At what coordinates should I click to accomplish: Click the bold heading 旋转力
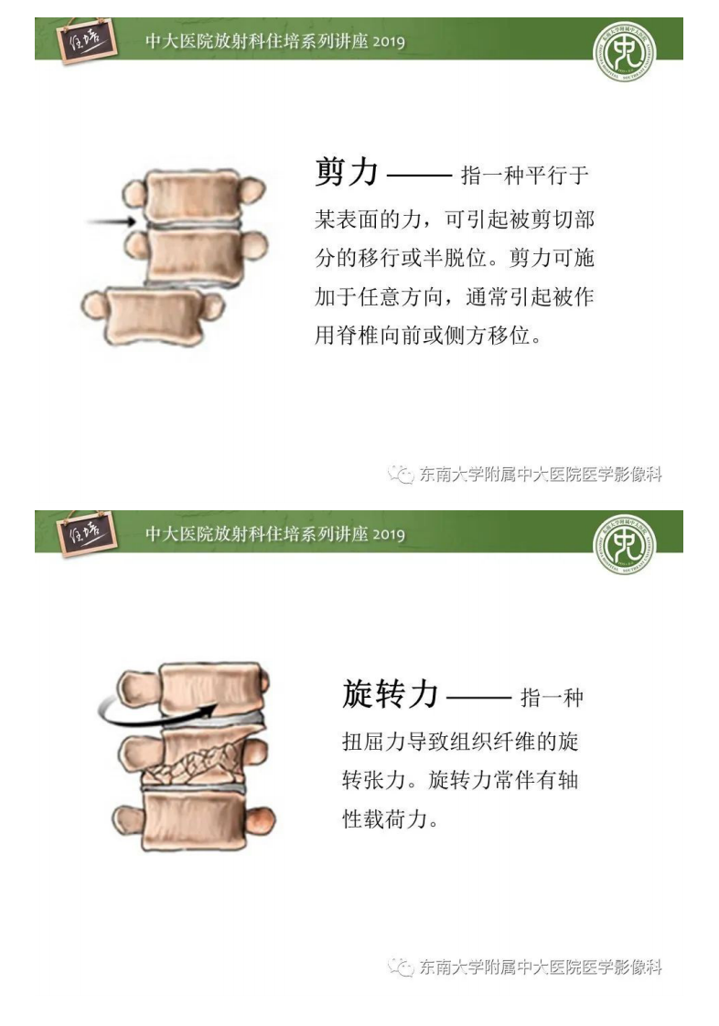coord(391,694)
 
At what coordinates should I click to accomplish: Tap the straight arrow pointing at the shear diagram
coord(113,221)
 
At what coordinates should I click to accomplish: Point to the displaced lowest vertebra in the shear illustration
coord(151,313)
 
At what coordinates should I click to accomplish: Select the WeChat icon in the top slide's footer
coord(399,474)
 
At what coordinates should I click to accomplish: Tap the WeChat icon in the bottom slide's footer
coord(399,967)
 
